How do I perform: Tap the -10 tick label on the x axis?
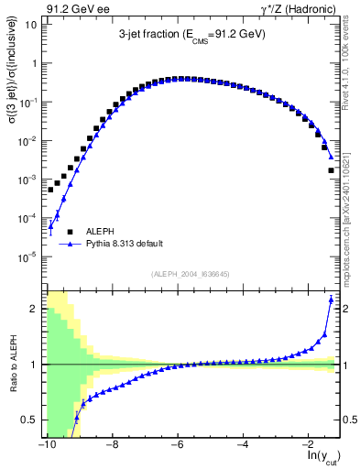46,444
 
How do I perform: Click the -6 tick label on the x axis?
178,444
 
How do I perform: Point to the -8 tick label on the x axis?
112,444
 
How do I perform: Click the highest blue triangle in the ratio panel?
331,300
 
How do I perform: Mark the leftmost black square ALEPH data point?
50,190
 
